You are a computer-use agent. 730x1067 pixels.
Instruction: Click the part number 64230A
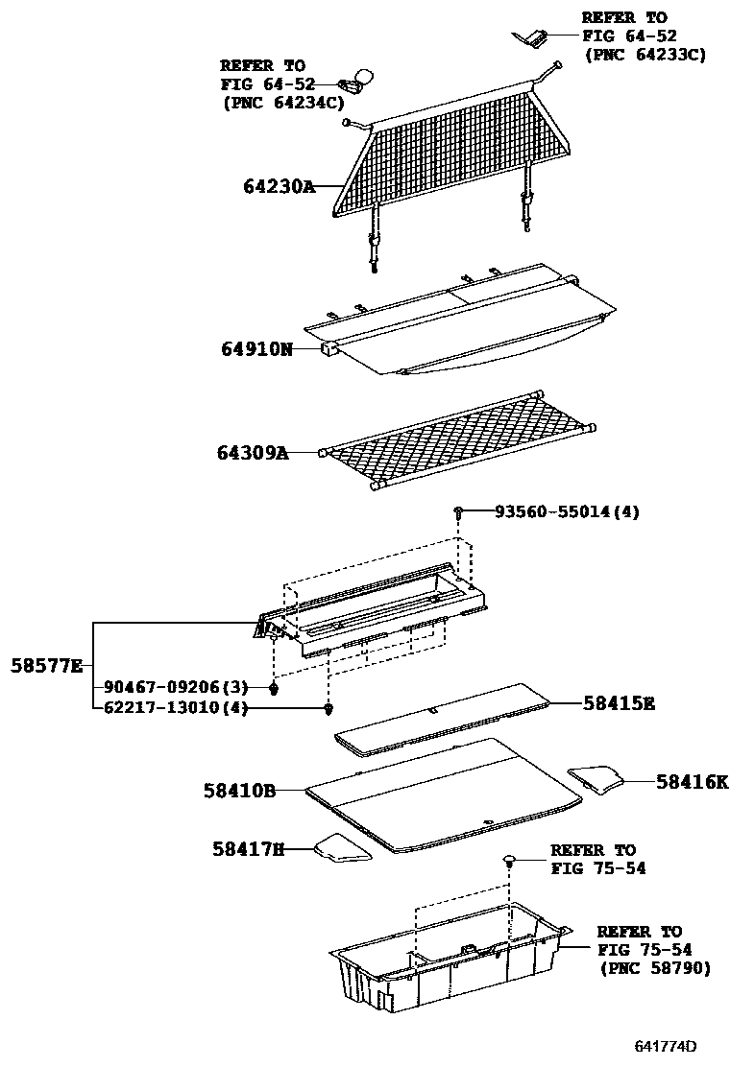tap(278, 187)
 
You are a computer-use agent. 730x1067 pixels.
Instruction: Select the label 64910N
tap(256, 349)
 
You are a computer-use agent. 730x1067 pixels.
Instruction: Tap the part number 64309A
tap(253, 453)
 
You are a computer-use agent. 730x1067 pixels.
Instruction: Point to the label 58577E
tap(47, 665)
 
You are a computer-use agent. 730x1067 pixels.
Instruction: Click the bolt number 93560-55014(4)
tap(567, 512)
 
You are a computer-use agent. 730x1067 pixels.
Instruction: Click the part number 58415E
tap(619, 703)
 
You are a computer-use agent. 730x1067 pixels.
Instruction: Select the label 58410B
tap(239, 791)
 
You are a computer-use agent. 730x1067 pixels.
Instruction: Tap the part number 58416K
tap(693, 782)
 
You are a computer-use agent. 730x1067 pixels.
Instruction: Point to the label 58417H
tap(249, 848)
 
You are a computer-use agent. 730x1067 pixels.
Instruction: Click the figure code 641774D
tap(665, 1046)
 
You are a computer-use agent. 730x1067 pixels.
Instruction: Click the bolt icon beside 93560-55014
tap(460, 513)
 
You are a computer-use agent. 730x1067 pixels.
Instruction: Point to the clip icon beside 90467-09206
tap(275, 687)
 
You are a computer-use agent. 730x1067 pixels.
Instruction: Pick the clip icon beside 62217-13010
tap(328, 709)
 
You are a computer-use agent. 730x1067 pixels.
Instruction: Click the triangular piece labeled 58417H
tap(342, 848)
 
